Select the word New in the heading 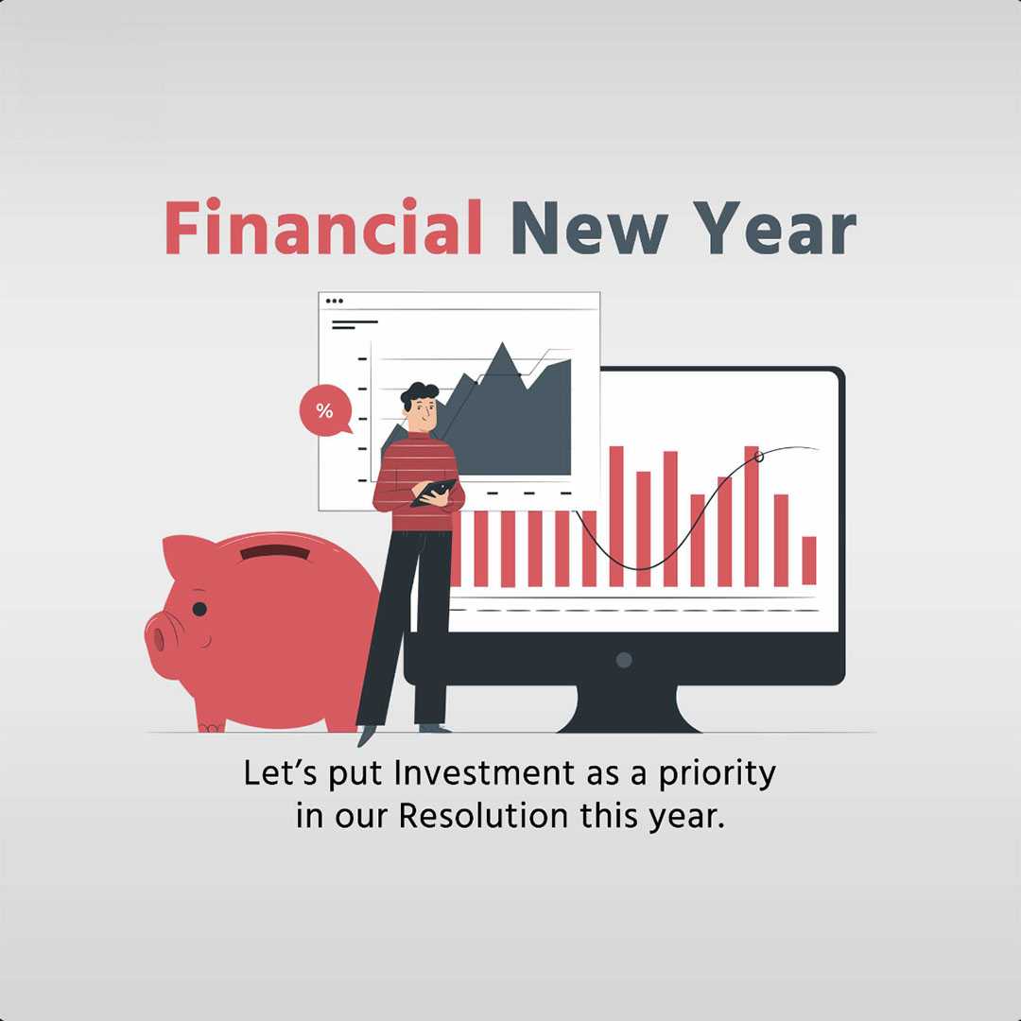[x=589, y=227]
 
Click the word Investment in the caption [x=485, y=773]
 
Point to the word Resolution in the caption [x=483, y=815]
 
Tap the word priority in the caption [x=717, y=775]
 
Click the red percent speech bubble [x=325, y=411]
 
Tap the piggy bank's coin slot [x=275, y=553]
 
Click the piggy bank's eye [x=199, y=610]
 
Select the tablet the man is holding [x=433, y=493]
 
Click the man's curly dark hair [x=419, y=393]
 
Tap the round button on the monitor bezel [x=624, y=660]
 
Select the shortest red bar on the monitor [x=808, y=561]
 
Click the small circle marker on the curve [x=758, y=457]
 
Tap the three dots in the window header [x=334, y=301]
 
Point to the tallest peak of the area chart [x=502, y=344]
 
